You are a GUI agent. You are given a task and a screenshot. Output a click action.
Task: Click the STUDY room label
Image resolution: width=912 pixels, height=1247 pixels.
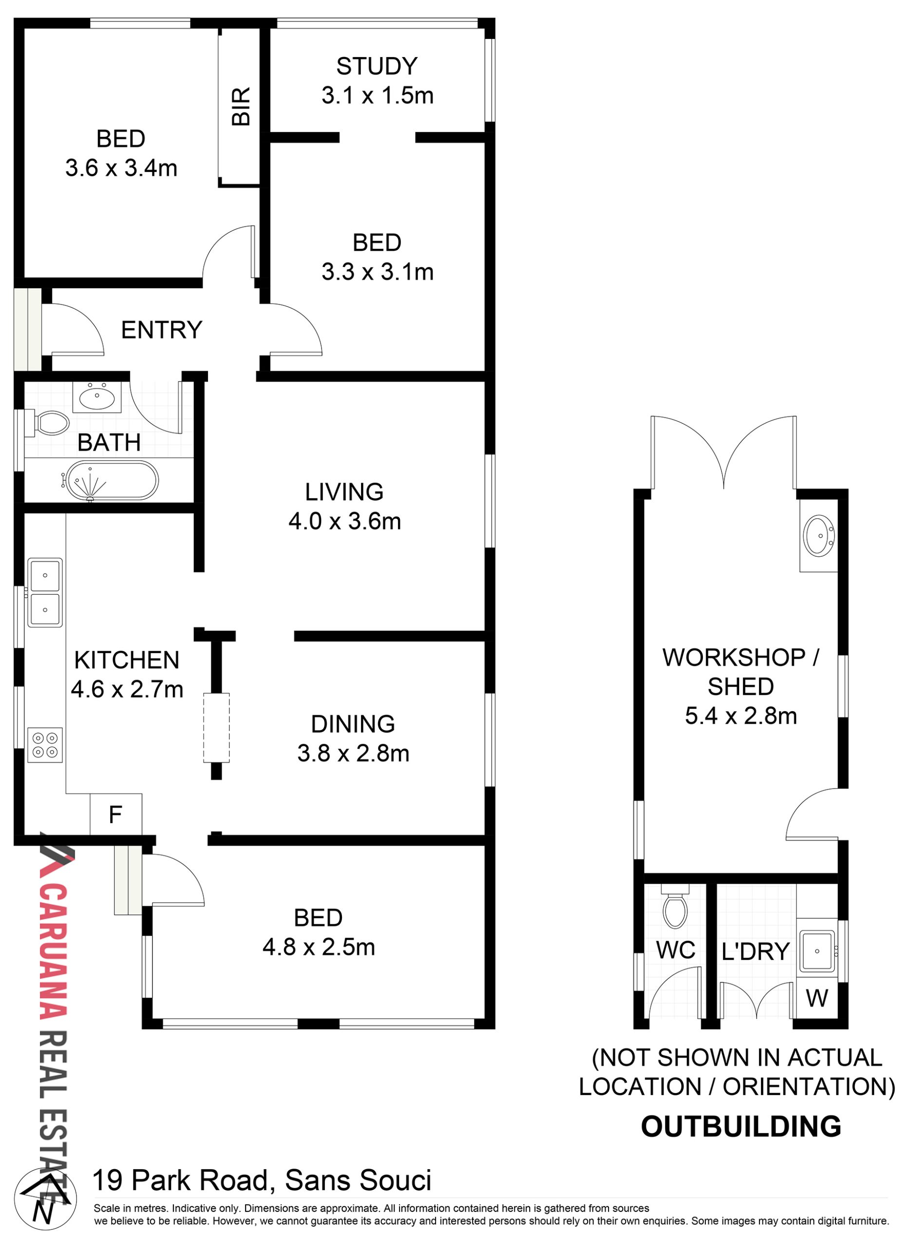pos(377,66)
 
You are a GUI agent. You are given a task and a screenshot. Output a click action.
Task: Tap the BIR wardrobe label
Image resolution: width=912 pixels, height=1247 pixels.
pos(241,106)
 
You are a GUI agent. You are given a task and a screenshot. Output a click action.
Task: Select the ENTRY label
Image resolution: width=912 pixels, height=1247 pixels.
pos(162,330)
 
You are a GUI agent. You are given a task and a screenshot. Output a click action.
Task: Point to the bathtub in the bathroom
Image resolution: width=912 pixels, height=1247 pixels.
pos(111,481)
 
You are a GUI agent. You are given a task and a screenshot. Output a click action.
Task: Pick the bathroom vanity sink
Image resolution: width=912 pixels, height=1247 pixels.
pos(97,397)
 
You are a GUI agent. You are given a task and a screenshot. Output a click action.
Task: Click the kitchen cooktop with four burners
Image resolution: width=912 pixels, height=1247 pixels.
pos(45,745)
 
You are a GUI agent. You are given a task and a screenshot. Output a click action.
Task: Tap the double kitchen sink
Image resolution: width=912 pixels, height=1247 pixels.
pos(45,593)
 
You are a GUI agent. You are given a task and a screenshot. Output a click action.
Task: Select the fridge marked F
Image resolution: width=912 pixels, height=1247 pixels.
pos(116,814)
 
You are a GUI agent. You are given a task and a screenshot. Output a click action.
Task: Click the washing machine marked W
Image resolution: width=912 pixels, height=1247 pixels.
pos(817,998)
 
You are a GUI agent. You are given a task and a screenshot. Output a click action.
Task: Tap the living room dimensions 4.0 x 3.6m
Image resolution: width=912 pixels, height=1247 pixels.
pos(344,522)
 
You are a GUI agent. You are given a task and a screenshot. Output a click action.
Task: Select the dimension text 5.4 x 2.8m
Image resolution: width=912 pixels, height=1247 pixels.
pos(741,716)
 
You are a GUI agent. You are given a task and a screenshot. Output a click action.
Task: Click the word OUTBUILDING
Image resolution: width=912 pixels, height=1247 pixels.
pos(741,1127)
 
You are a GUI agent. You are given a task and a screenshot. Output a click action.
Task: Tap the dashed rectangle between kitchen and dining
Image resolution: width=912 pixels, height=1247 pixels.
pos(216,728)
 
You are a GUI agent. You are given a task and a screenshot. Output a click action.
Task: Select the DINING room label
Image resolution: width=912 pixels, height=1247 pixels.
pos(353,724)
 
